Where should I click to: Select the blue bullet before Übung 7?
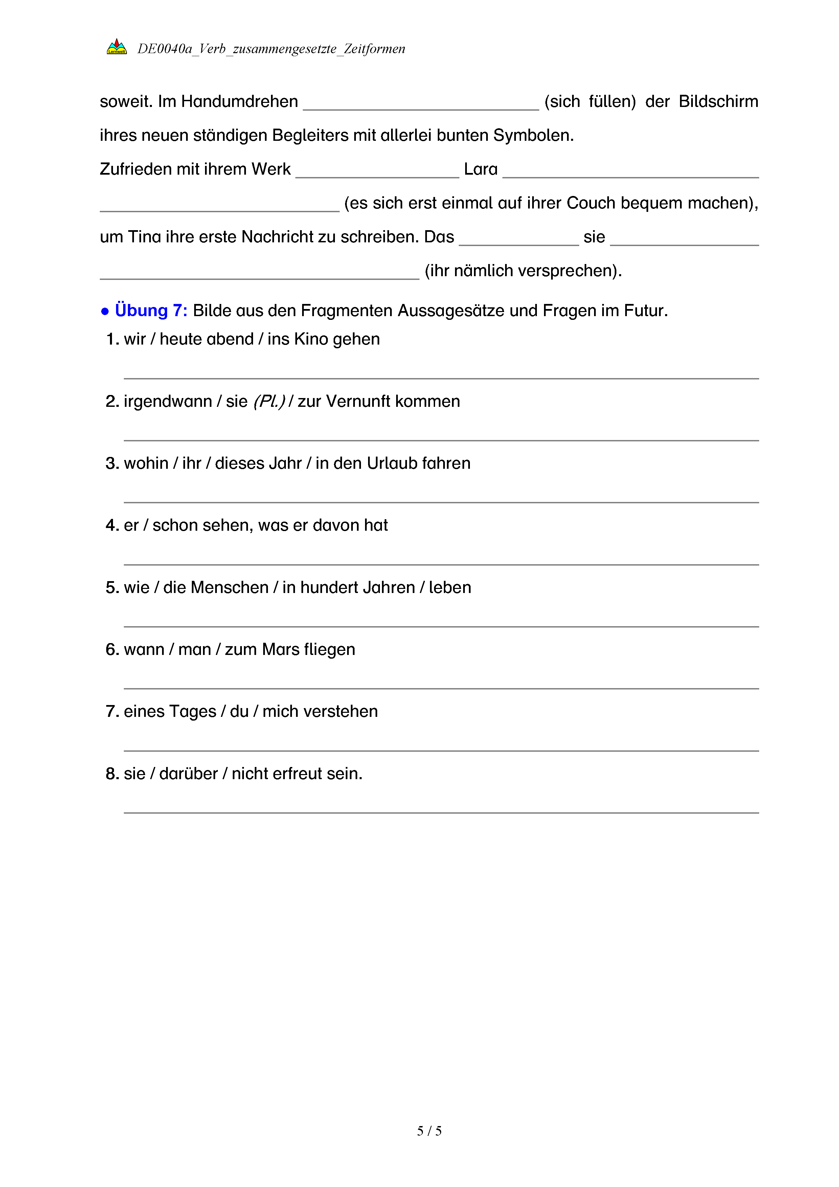[105, 311]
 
